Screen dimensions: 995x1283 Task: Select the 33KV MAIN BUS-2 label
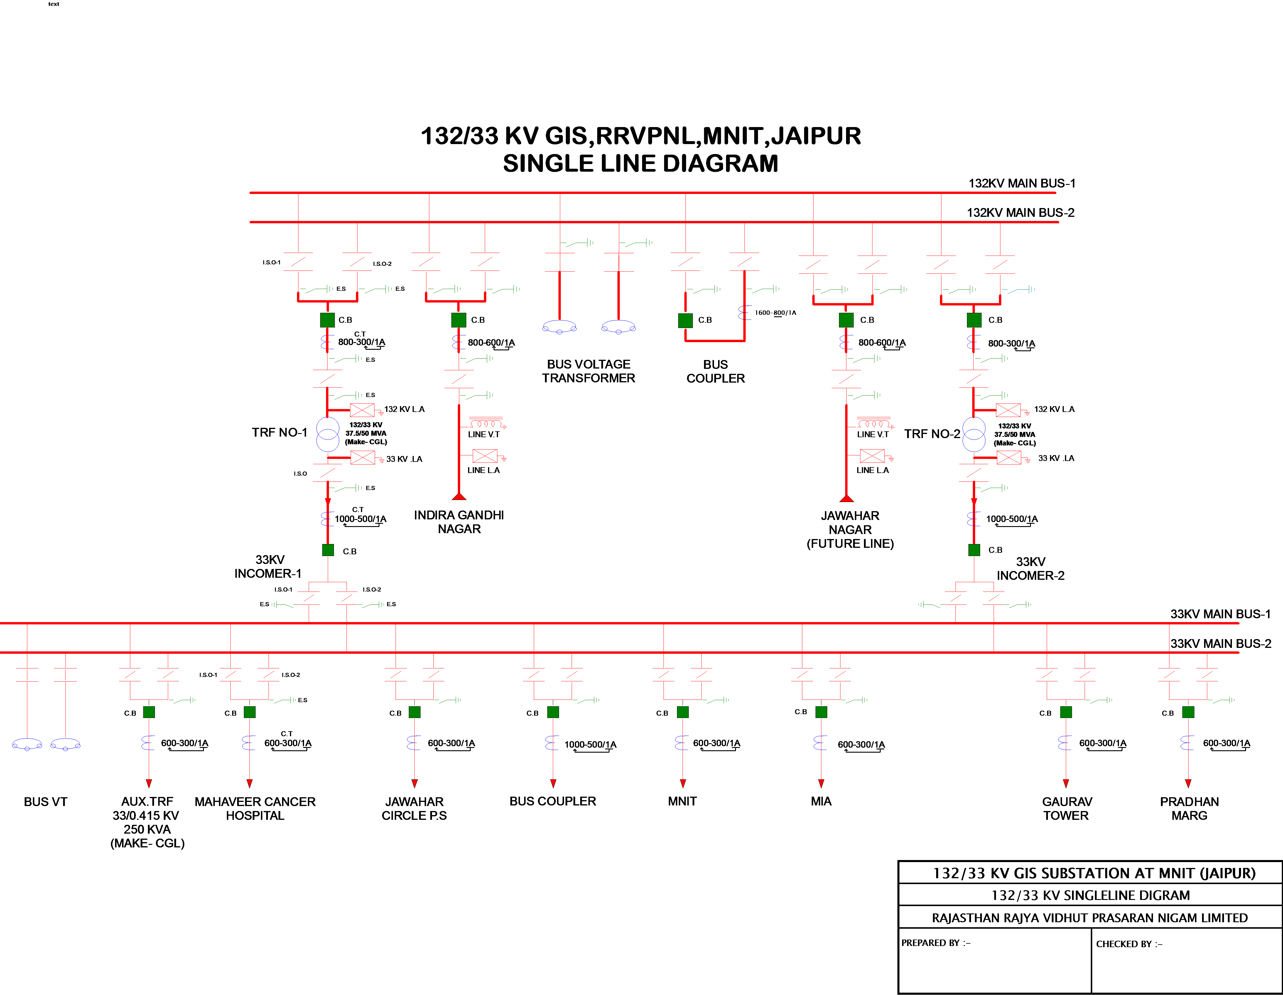pyautogui.click(x=1220, y=644)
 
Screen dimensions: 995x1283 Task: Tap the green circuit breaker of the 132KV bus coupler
pyautogui.click(x=685, y=320)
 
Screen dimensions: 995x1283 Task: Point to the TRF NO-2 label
pyautogui.click(x=932, y=434)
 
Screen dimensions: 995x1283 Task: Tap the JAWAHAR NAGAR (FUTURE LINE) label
pyautogui.click(x=850, y=530)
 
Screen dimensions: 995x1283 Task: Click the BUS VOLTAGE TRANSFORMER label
pyautogui.click(x=589, y=371)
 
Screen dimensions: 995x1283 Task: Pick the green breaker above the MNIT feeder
pyautogui.click(x=683, y=712)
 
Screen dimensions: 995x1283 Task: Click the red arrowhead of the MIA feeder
pyautogui.click(x=821, y=783)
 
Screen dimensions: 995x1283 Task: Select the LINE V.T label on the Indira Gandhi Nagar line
pyautogui.click(x=484, y=435)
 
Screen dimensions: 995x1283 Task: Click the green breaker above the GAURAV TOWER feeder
pyautogui.click(x=1066, y=712)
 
